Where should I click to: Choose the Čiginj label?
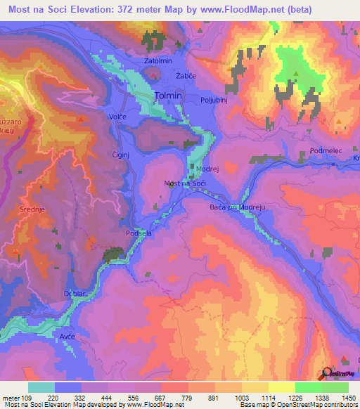click(121, 153)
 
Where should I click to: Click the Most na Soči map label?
click(184, 183)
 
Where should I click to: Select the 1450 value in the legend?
click(348, 397)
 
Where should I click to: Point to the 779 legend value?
click(186, 397)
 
